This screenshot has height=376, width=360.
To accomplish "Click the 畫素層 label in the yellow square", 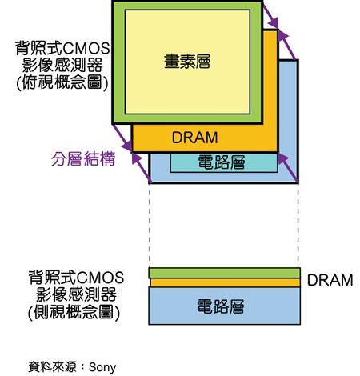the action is [x=187, y=62].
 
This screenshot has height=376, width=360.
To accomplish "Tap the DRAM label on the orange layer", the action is [x=194, y=138].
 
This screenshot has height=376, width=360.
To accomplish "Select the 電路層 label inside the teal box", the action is [x=222, y=162].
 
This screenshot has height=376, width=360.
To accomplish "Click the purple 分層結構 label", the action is [x=83, y=159].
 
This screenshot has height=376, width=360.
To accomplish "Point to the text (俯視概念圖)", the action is [x=62, y=82].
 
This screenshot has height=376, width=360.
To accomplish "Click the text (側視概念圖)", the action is [x=74, y=311].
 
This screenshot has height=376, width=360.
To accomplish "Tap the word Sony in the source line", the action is [x=102, y=367].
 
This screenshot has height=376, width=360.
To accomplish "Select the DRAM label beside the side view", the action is [x=330, y=280].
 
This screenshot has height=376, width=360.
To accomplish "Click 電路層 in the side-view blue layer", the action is [x=221, y=306].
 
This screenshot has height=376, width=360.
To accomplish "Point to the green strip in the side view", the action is [x=225, y=273].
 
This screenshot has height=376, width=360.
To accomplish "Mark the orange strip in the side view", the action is [x=225, y=282].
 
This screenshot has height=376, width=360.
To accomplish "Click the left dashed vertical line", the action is [x=150, y=226].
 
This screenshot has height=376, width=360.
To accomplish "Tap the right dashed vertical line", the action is [x=298, y=226].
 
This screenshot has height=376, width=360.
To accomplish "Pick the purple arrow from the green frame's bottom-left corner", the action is [x=122, y=138].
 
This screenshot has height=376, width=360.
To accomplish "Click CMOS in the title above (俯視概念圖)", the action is [x=86, y=48].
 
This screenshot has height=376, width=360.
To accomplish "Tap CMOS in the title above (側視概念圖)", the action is [x=101, y=278].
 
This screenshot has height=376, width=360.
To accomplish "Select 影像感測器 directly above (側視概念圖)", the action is [x=77, y=294].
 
